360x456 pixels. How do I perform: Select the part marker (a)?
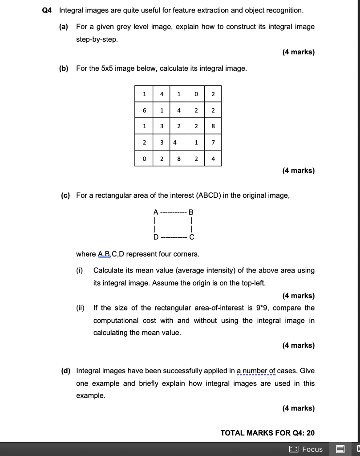(x=64, y=27)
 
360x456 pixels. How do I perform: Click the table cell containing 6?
(x=144, y=110)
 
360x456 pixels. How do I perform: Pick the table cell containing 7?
(x=213, y=142)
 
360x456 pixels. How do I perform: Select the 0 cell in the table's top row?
(x=196, y=94)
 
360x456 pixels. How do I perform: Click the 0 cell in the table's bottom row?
(x=144, y=159)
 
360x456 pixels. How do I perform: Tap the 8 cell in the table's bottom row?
(x=178, y=159)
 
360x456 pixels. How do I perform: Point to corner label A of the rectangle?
(x=155, y=212)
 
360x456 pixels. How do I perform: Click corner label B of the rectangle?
(x=191, y=212)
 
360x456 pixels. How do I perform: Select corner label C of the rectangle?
(x=191, y=237)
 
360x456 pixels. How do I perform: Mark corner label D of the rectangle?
(x=155, y=237)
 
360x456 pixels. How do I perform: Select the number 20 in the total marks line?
(x=310, y=433)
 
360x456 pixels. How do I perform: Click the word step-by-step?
(x=97, y=39)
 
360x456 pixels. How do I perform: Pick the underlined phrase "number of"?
(x=259, y=370)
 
